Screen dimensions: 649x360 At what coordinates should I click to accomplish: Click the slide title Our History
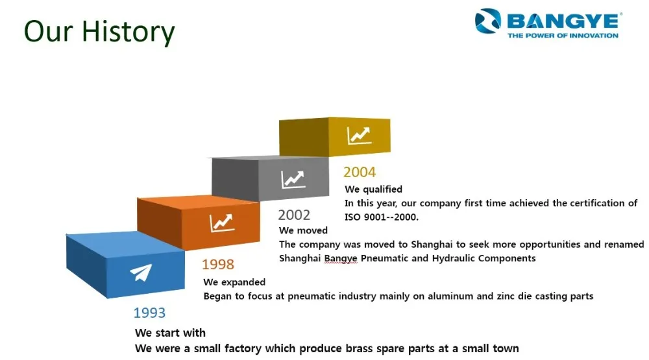[99, 32]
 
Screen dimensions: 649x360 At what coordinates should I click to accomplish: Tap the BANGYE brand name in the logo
[563, 21]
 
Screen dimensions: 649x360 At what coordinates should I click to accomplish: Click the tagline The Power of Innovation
[563, 36]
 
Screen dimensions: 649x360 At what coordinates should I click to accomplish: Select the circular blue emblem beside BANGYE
[487, 21]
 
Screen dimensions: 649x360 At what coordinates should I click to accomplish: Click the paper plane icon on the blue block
[141, 272]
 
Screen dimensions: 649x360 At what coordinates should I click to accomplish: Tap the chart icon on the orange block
[222, 222]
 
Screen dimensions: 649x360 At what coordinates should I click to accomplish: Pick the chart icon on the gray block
[293, 180]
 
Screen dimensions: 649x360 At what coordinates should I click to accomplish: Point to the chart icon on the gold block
[359, 136]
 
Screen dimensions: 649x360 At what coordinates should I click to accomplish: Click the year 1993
[149, 313]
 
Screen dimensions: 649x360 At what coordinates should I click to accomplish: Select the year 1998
[218, 265]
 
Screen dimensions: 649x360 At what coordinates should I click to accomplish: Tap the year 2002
[294, 215]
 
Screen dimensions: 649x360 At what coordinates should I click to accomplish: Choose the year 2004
[360, 172]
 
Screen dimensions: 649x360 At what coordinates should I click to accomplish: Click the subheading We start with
[170, 333]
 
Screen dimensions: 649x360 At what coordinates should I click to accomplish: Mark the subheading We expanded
[234, 282]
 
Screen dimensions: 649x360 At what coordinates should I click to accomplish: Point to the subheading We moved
[303, 230]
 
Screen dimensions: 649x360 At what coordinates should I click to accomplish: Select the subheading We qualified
[373, 189]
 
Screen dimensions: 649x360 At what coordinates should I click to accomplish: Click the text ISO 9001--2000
[382, 217]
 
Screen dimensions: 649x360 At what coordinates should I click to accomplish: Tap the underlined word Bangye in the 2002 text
[341, 259]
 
